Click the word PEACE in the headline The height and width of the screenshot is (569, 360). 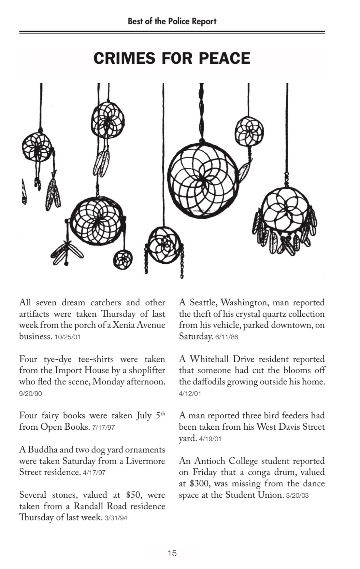click(223, 58)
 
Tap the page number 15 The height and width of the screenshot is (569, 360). click(172, 553)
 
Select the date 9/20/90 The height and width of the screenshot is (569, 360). click(31, 394)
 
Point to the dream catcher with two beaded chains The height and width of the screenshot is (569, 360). click(165, 245)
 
